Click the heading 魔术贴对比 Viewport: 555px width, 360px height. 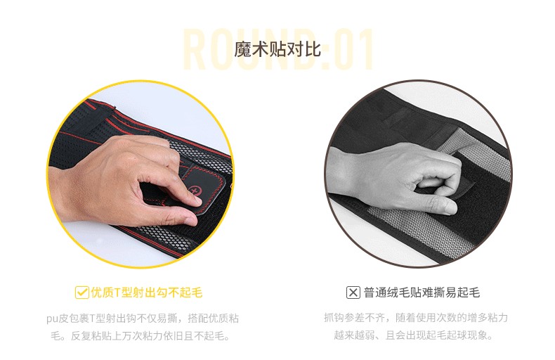[x=277, y=49]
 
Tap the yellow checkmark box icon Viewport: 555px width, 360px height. [x=81, y=292]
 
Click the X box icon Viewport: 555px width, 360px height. [x=353, y=292]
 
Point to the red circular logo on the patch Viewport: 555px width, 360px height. [x=195, y=191]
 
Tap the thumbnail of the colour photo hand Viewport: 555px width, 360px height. [x=141, y=174]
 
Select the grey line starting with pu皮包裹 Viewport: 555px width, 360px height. [x=143, y=319]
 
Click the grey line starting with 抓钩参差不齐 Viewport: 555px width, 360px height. [x=416, y=318]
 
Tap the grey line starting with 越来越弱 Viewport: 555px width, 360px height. [x=413, y=335]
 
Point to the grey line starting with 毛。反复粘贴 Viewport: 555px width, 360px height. [x=141, y=335]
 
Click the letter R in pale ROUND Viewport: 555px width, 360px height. [x=195, y=49]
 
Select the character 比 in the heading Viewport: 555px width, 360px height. [x=313, y=49]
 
